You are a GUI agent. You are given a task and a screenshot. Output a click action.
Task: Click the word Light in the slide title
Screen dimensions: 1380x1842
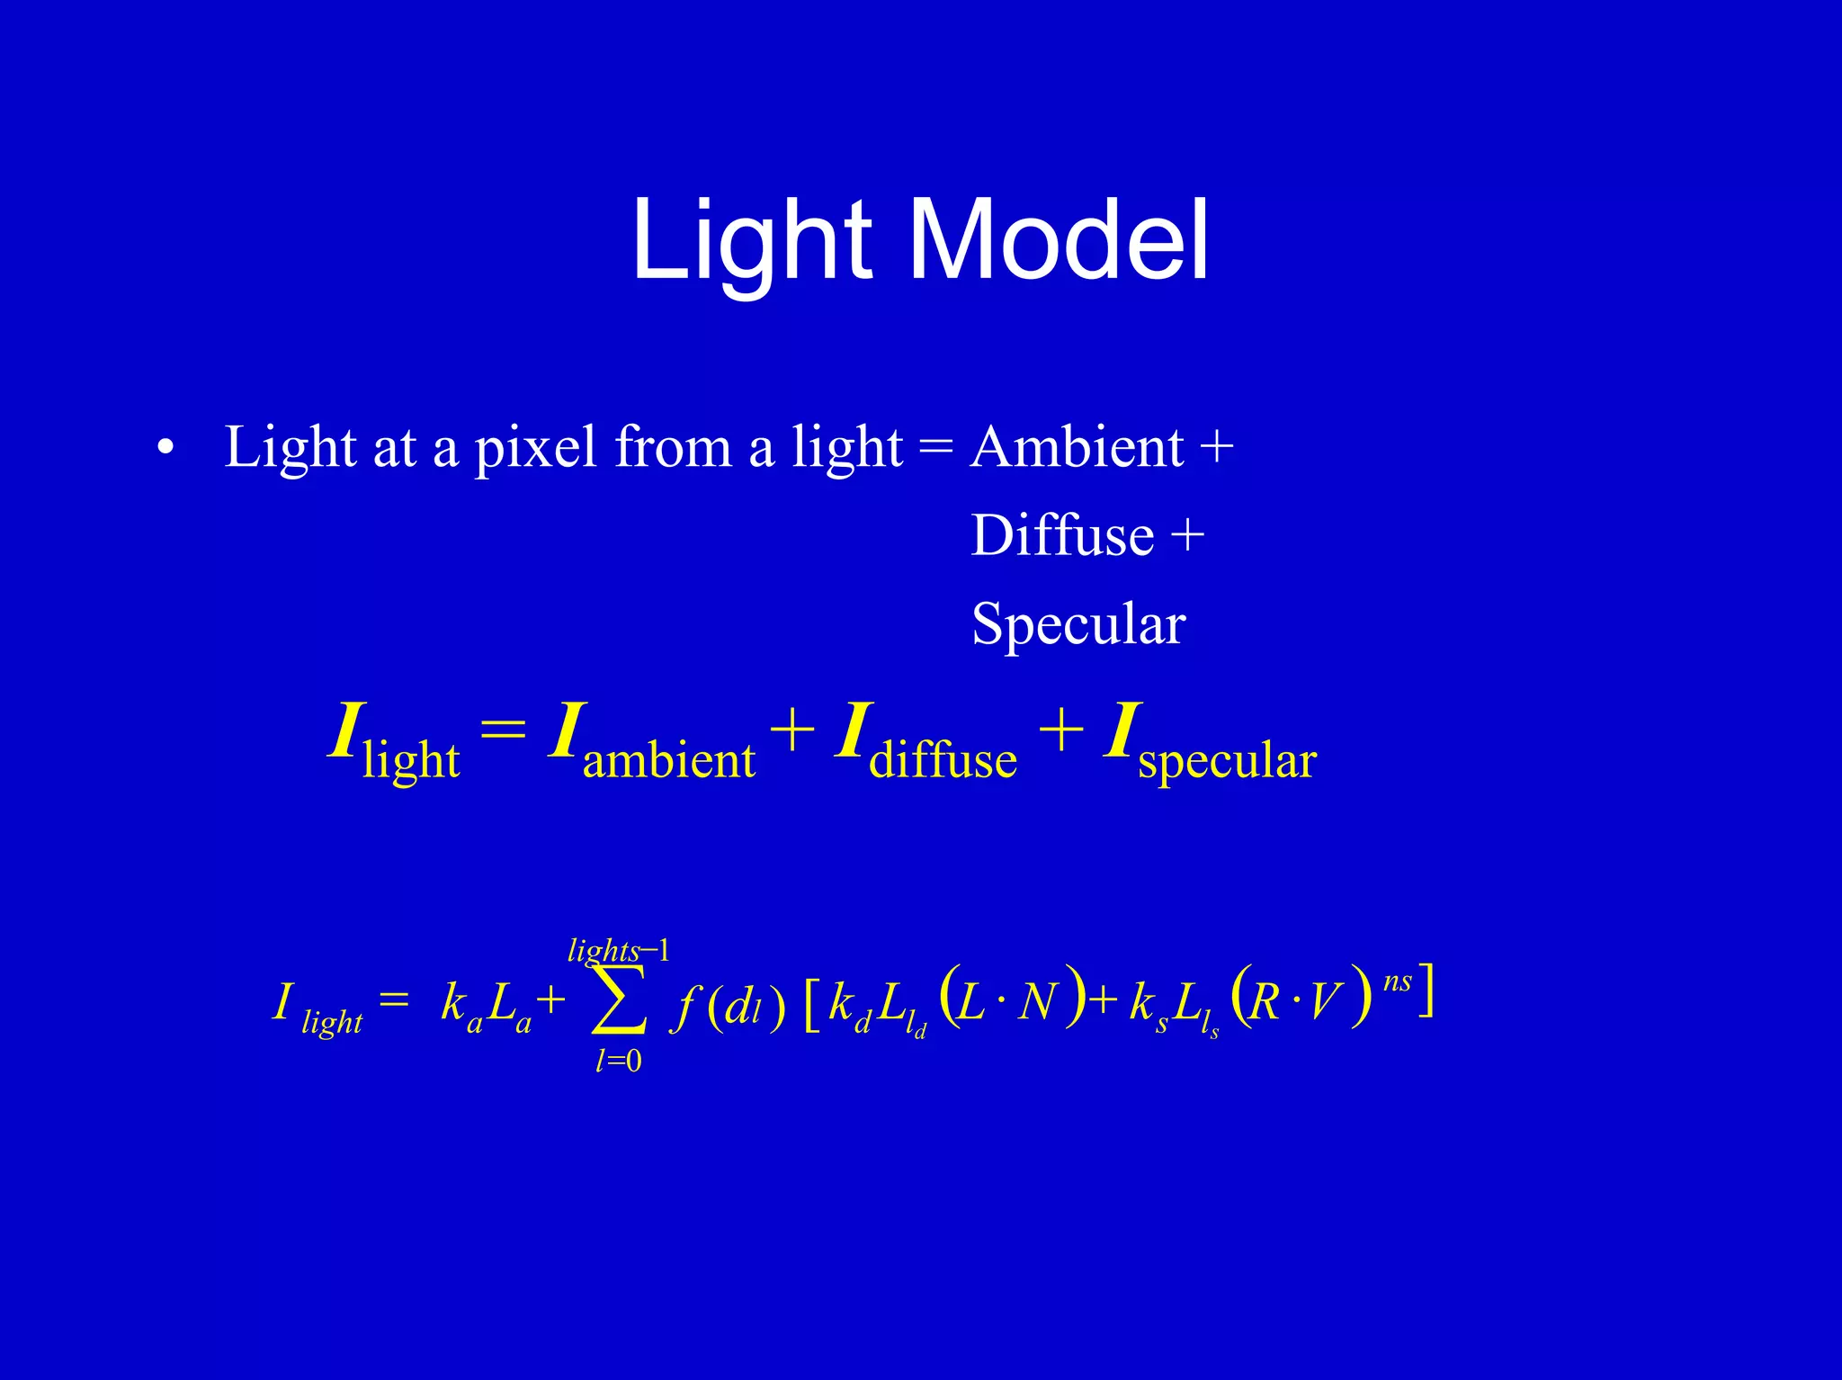[x=752, y=240]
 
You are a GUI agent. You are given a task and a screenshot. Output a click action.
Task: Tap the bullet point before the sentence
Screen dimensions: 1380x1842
[x=165, y=447]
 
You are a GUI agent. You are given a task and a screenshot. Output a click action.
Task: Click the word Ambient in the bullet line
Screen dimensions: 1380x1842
[x=1077, y=447]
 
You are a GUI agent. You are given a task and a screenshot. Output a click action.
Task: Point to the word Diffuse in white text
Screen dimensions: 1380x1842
[x=1062, y=535]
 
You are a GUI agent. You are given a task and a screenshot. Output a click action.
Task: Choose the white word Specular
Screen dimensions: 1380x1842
[x=1078, y=623]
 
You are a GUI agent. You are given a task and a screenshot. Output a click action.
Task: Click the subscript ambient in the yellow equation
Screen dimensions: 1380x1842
[x=668, y=760]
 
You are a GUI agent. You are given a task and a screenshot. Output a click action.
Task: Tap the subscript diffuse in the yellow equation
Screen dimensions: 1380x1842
[x=943, y=760]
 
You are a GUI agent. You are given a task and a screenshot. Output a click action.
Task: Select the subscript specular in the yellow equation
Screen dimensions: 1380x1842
[x=1227, y=760]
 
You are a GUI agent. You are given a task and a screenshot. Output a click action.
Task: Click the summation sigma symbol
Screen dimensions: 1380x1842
[x=619, y=1000]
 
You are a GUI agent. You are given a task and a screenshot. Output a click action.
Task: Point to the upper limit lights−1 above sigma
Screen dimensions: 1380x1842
[x=619, y=951]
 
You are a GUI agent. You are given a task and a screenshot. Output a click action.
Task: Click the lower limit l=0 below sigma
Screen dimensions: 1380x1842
[x=619, y=1062]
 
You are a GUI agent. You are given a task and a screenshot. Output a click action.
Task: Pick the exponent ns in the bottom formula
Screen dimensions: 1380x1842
[x=1397, y=981]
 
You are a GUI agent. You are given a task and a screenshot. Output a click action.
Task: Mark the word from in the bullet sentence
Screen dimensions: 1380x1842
[x=673, y=447]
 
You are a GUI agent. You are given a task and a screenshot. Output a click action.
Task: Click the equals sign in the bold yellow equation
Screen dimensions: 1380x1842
[x=503, y=729]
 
